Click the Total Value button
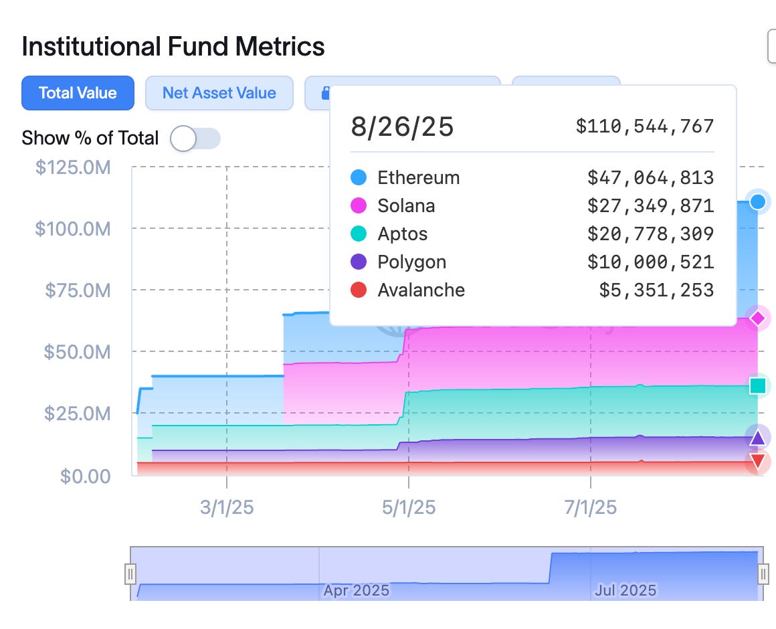(x=78, y=93)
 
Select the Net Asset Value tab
(x=219, y=93)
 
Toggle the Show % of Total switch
(x=195, y=139)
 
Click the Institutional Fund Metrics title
(x=173, y=47)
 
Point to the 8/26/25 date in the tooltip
(x=402, y=126)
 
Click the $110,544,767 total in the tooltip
(x=645, y=126)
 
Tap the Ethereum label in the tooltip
(x=418, y=178)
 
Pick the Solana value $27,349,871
(x=650, y=206)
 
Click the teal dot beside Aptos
(x=359, y=234)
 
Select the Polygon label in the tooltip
(x=411, y=262)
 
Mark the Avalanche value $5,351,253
(x=656, y=290)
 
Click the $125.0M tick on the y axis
(x=72, y=167)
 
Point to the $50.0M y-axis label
(x=77, y=352)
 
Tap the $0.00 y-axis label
(x=85, y=476)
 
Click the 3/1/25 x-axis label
(x=227, y=508)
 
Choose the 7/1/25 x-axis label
(x=590, y=508)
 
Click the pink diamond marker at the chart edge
(x=758, y=319)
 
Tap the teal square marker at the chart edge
(x=758, y=386)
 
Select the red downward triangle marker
(x=758, y=461)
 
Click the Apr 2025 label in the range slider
(x=356, y=591)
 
